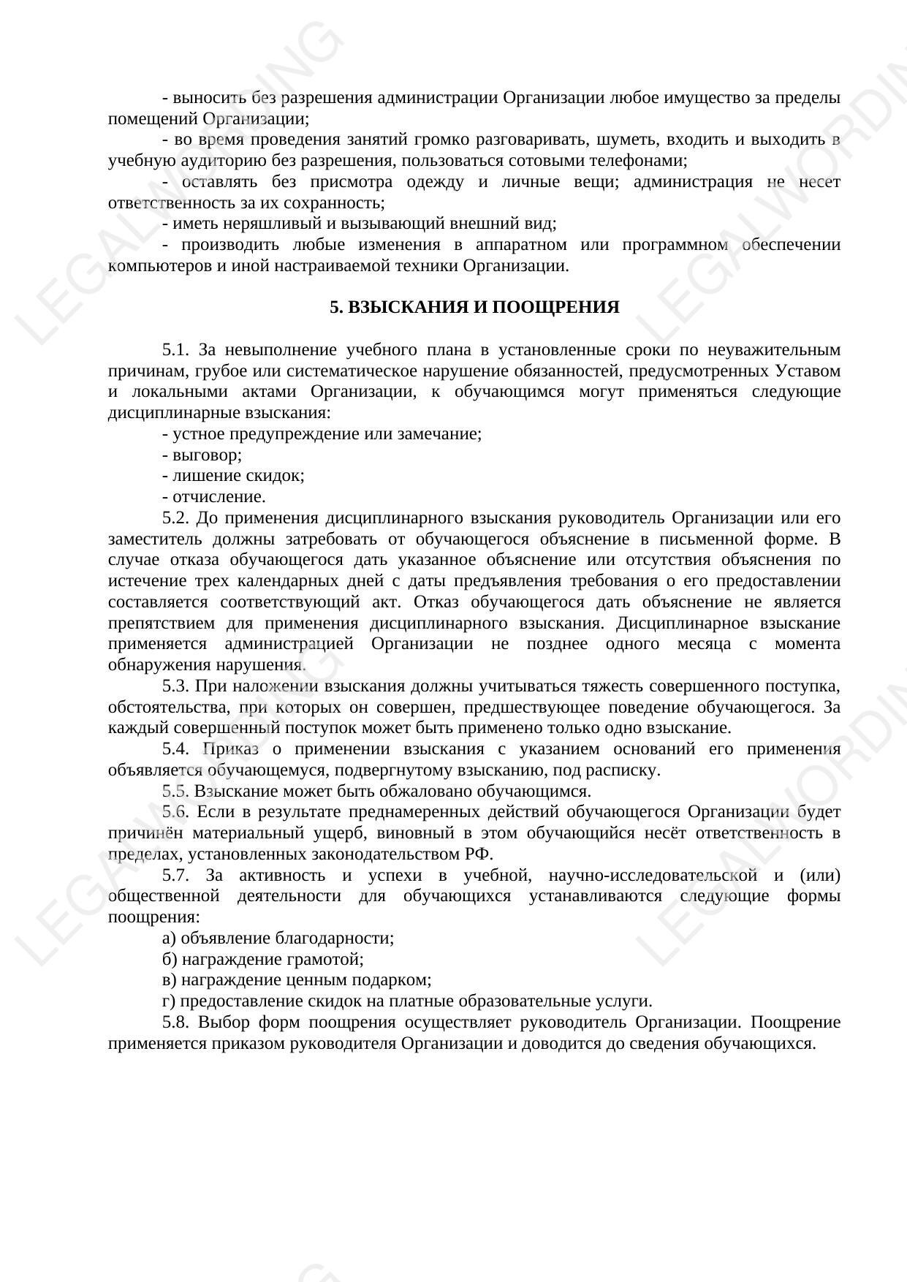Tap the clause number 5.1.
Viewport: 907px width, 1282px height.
click(175, 349)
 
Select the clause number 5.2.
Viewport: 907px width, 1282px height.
click(175, 518)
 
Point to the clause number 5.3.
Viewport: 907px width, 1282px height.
click(175, 686)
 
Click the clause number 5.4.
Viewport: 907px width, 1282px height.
click(175, 749)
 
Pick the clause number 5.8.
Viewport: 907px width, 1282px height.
click(175, 1023)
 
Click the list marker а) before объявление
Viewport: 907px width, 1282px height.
click(169, 938)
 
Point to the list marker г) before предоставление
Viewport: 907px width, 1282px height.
click(168, 1001)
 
